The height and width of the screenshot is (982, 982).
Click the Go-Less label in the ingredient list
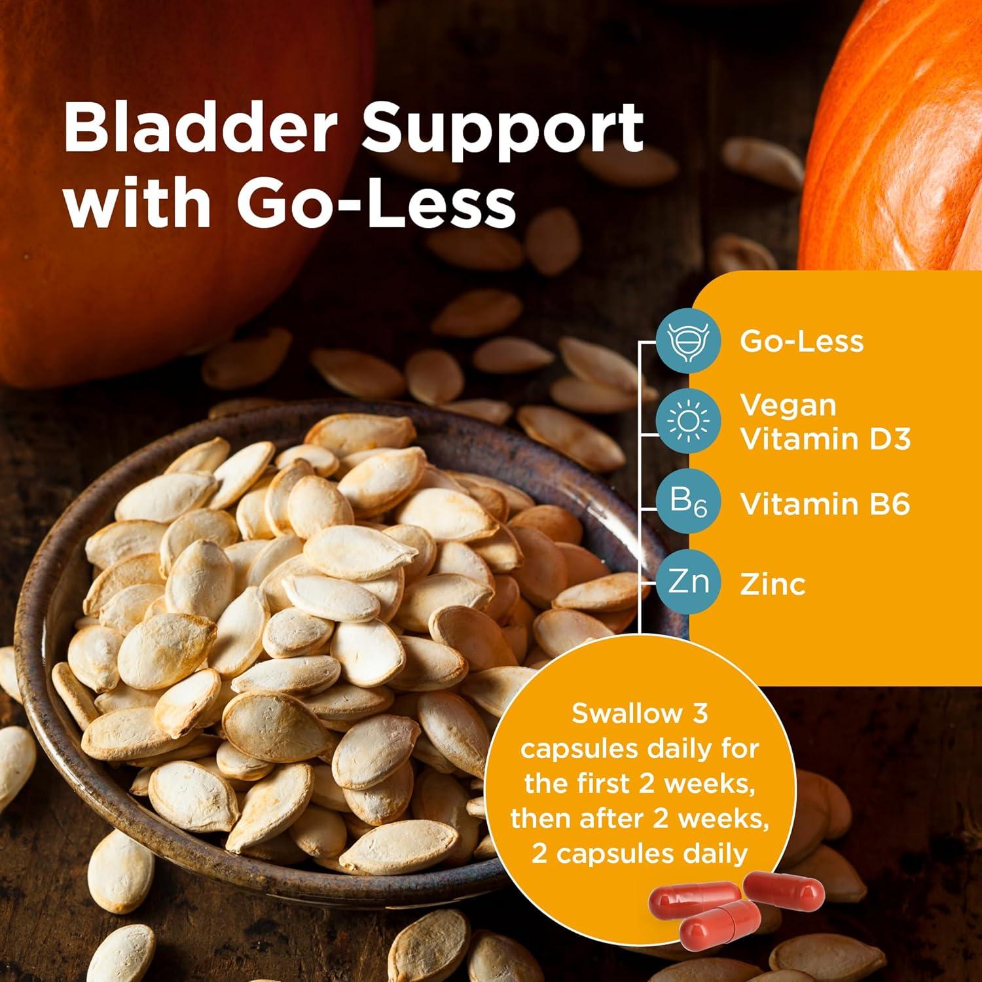pos(801,341)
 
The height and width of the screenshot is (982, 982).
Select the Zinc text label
pos(773,583)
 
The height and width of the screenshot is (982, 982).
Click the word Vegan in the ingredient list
pos(788,405)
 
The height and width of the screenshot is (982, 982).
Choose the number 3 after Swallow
pos(700,714)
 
